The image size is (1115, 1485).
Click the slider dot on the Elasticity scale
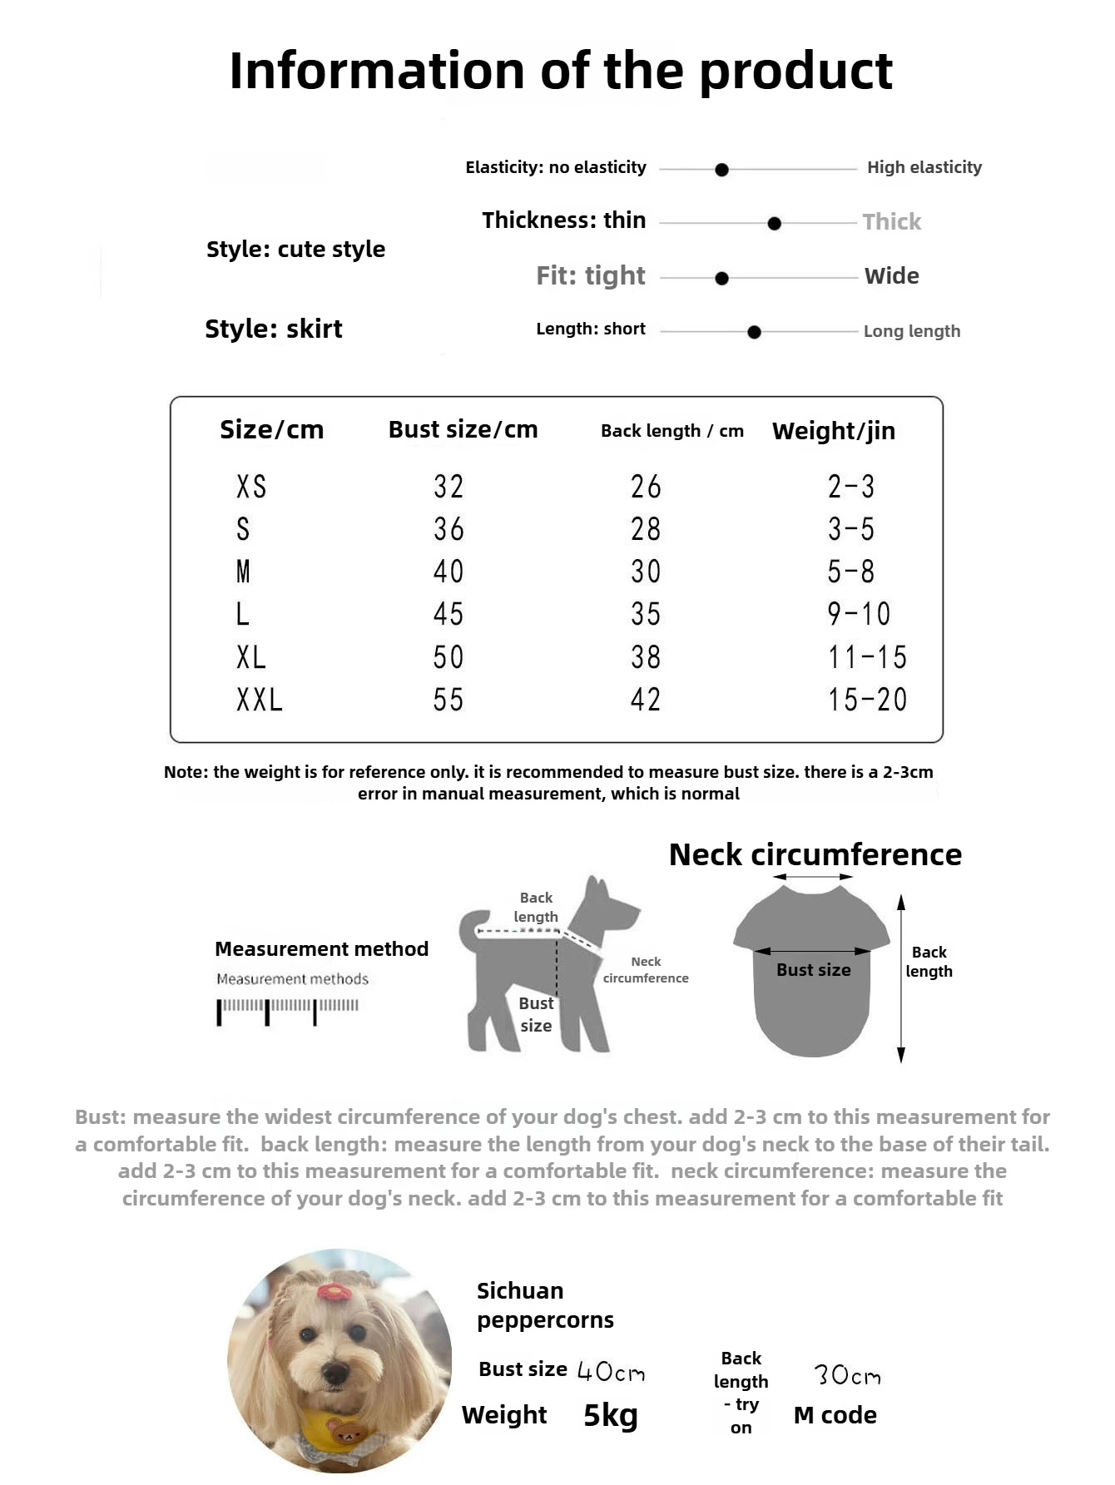click(721, 170)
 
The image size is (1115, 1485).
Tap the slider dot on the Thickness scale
click(774, 224)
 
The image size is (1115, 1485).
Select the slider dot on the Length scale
click(754, 332)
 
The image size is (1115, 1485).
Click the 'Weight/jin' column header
click(833, 431)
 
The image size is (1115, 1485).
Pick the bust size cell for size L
click(448, 614)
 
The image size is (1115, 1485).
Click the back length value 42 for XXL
click(645, 700)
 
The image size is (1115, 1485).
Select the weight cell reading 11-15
click(866, 657)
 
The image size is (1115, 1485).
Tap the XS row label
click(250, 487)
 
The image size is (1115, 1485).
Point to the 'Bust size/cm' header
click(463, 429)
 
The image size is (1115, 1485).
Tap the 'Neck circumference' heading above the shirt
click(815, 854)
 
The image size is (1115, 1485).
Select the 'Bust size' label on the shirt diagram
click(813, 970)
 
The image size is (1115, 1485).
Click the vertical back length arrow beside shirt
click(900, 978)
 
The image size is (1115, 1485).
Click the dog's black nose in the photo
click(336, 1372)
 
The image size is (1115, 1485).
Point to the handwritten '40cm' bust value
click(611, 1371)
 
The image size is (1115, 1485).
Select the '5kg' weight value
click(610, 1415)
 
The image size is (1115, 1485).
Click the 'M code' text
click(835, 1415)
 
